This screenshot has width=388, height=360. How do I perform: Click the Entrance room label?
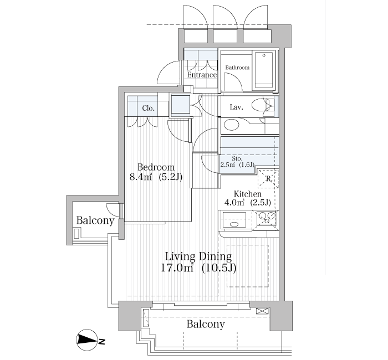click(x=201, y=75)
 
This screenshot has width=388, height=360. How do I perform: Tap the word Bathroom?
click(x=237, y=68)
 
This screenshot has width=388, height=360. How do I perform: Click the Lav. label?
click(x=237, y=107)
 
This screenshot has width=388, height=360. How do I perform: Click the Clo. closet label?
click(x=148, y=108)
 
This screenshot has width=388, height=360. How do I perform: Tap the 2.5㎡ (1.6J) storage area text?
click(x=237, y=165)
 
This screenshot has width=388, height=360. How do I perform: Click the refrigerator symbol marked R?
click(x=267, y=178)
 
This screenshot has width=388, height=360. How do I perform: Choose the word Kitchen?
click(x=247, y=194)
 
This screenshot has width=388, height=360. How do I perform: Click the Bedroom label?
click(x=156, y=167)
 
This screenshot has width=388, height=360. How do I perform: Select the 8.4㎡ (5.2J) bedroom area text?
click(x=156, y=178)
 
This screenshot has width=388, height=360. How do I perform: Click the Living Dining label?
click(x=198, y=256)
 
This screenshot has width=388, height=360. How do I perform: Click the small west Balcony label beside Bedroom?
click(x=95, y=220)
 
